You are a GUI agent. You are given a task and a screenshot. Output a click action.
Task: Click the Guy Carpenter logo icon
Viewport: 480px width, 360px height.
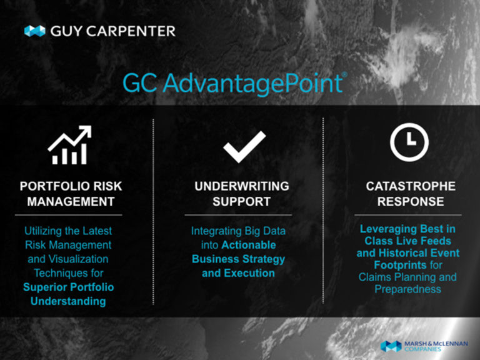pyautogui.click(x=35, y=31)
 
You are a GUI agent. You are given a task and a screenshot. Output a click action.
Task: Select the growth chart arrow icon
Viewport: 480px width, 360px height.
pyautogui.click(x=70, y=145)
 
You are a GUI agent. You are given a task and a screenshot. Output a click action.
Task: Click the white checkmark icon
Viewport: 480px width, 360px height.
pyautogui.click(x=244, y=147)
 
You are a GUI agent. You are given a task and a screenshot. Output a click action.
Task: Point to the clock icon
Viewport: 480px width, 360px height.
pyautogui.click(x=409, y=142)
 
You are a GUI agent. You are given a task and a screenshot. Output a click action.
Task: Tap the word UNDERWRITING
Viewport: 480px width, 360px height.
pyautogui.click(x=242, y=186)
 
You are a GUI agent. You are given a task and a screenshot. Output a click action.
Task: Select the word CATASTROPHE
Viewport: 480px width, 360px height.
pyautogui.click(x=411, y=186)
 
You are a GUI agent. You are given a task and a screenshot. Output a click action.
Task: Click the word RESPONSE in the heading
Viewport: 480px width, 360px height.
pyautogui.click(x=411, y=201)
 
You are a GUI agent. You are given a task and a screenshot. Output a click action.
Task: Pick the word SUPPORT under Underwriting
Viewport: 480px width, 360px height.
pyautogui.click(x=241, y=201)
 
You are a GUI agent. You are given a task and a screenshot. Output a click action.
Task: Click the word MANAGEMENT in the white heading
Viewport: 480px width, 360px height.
pyautogui.click(x=71, y=201)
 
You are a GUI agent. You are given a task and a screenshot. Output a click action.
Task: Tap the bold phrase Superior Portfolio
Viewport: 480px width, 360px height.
pyautogui.click(x=69, y=287)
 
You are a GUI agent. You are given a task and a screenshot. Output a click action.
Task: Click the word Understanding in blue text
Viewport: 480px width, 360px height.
pyautogui.click(x=68, y=301)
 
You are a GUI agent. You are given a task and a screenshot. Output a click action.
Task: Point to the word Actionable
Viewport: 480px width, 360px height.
pyautogui.click(x=249, y=245)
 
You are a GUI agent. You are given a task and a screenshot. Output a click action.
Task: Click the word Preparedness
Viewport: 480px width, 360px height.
pyautogui.click(x=407, y=289)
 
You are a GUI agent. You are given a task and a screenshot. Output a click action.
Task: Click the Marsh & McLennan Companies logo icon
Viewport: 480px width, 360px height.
pyautogui.click(x=391, y=346)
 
